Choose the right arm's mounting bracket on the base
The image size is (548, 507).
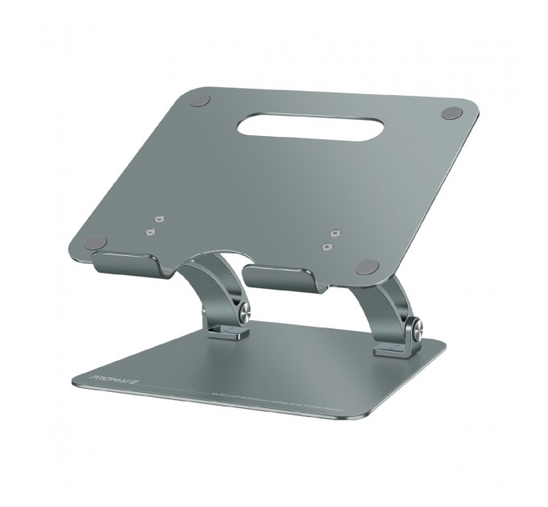click(389, 348)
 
